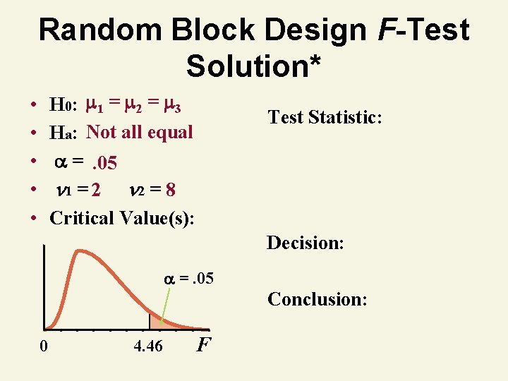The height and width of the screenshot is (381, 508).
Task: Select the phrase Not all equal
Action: tap(140, 133)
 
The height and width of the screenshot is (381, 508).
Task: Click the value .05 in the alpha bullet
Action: tap(104, 164)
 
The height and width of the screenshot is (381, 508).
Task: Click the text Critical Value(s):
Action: tap(122, 217)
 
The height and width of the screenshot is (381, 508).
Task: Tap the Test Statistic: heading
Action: tap(325, 117)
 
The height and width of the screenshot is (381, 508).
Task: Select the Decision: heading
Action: tap(305, 243)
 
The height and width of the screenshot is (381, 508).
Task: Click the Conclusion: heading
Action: tap(317, 299)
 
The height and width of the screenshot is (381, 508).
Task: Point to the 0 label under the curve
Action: tap(44, 346)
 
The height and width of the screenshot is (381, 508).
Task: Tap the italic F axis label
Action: tap(203, 346)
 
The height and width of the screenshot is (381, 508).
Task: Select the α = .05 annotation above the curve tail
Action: tap(189, 279)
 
